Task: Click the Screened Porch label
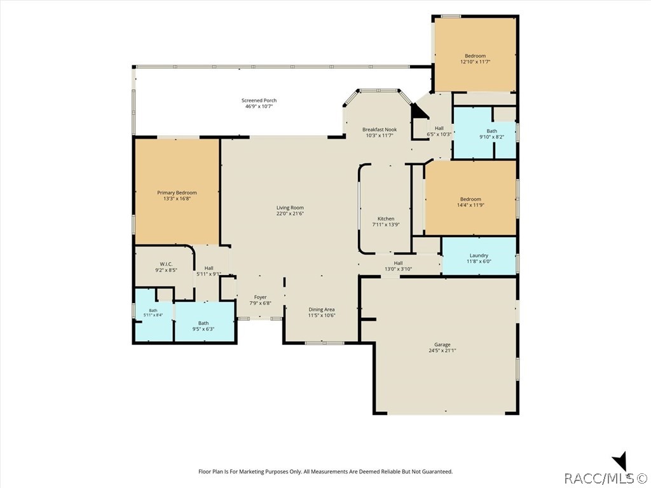[x=259, y=100]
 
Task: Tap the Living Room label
[x=290, y=208]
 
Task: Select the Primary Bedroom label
[x=177, y=193]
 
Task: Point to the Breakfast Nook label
[x=380, y=130]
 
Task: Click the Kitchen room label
[x=386, y=219]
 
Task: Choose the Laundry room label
[x=479, y=255]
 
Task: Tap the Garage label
[x=442, y=345]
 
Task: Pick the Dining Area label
[x=321, y=309]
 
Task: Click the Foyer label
[x=260, y=297]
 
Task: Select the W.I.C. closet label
[x=166, y=264]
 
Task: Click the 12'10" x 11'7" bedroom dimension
[x=476, y=62]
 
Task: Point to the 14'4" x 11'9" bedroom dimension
[x=470, y=205]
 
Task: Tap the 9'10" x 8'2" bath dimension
[x=491, y=137]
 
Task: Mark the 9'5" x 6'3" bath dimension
[x=203, y=329]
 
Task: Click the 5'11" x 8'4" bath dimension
[x=153, y=315]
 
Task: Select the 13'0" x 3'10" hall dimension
[x=398, y=269]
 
